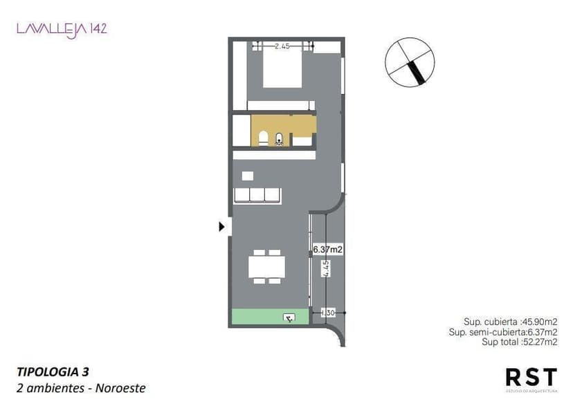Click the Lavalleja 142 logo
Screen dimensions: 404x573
tap(62, 29)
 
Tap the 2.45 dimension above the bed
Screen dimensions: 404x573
tap(282, 46)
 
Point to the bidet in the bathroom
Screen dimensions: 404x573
tap(279, 139)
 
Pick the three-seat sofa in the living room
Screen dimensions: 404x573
tap(257, 195)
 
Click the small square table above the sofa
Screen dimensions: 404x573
tap(247, 176)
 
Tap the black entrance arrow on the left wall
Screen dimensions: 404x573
tap(222, 226)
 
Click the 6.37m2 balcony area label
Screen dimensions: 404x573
tap(327, 249)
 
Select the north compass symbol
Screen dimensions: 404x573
tap(411, 62)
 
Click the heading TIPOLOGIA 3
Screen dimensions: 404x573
tap(53, 371)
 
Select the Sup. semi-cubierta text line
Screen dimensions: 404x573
tap(502, 331)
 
